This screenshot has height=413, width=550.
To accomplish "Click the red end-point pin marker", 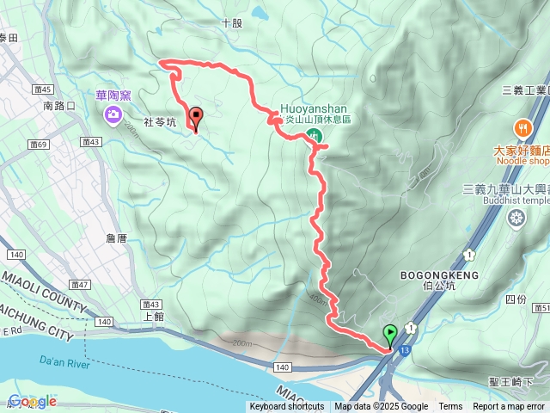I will click(196, 118).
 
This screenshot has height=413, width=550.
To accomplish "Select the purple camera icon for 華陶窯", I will click(113, 114).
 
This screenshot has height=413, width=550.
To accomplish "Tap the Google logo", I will click(32, 401).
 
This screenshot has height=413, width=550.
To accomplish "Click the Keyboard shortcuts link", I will click(287, 407).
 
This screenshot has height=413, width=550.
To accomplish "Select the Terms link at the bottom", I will click(450, 407).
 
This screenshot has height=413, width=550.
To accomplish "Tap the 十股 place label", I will click(232, 24).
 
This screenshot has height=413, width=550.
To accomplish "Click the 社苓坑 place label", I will click(159, 122).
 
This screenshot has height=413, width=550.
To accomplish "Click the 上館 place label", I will click(155, 316).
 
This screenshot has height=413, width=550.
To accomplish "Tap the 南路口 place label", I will click(59, 106).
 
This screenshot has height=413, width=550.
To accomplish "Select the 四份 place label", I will click(516, 299).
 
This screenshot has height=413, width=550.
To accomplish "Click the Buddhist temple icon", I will click(516, 219).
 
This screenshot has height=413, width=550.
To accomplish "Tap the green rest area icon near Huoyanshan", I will click(316, 135).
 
